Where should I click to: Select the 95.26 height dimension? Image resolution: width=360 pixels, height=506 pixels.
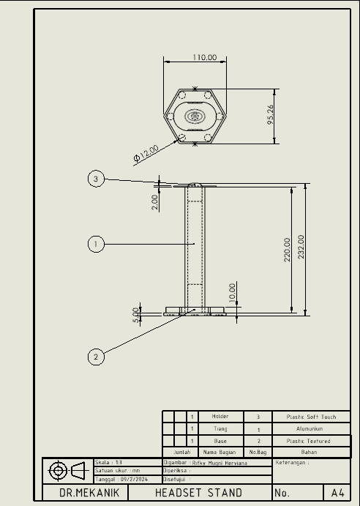tap(271, 115)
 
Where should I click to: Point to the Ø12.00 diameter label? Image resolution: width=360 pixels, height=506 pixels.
tap(146, 153)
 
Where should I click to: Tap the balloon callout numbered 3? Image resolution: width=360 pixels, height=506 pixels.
tap(96, 179)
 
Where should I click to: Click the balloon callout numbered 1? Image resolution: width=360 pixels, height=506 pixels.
tap(96, 244)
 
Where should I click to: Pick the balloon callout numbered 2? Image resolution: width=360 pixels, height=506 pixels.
tap(96, 357)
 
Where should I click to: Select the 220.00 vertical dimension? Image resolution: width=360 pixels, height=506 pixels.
tap(287, 249)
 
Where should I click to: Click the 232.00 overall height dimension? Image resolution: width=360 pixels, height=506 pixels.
tap(301, 248)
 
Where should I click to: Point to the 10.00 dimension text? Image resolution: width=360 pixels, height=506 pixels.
tap(233, 293)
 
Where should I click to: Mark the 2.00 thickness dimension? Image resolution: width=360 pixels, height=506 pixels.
tap(155, 202)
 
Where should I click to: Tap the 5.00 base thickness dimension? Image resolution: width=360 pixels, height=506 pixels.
tap(136, 315)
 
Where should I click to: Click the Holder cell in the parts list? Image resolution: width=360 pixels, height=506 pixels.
tap(220, 417)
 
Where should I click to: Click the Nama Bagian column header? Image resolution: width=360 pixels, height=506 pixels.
tap(220, 453)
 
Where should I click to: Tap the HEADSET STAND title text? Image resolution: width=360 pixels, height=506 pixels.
tap(198, 493)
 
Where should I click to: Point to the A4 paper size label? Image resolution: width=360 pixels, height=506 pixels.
tap(337, 493)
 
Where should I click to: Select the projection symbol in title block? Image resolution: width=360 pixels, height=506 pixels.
tap(66, 470)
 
